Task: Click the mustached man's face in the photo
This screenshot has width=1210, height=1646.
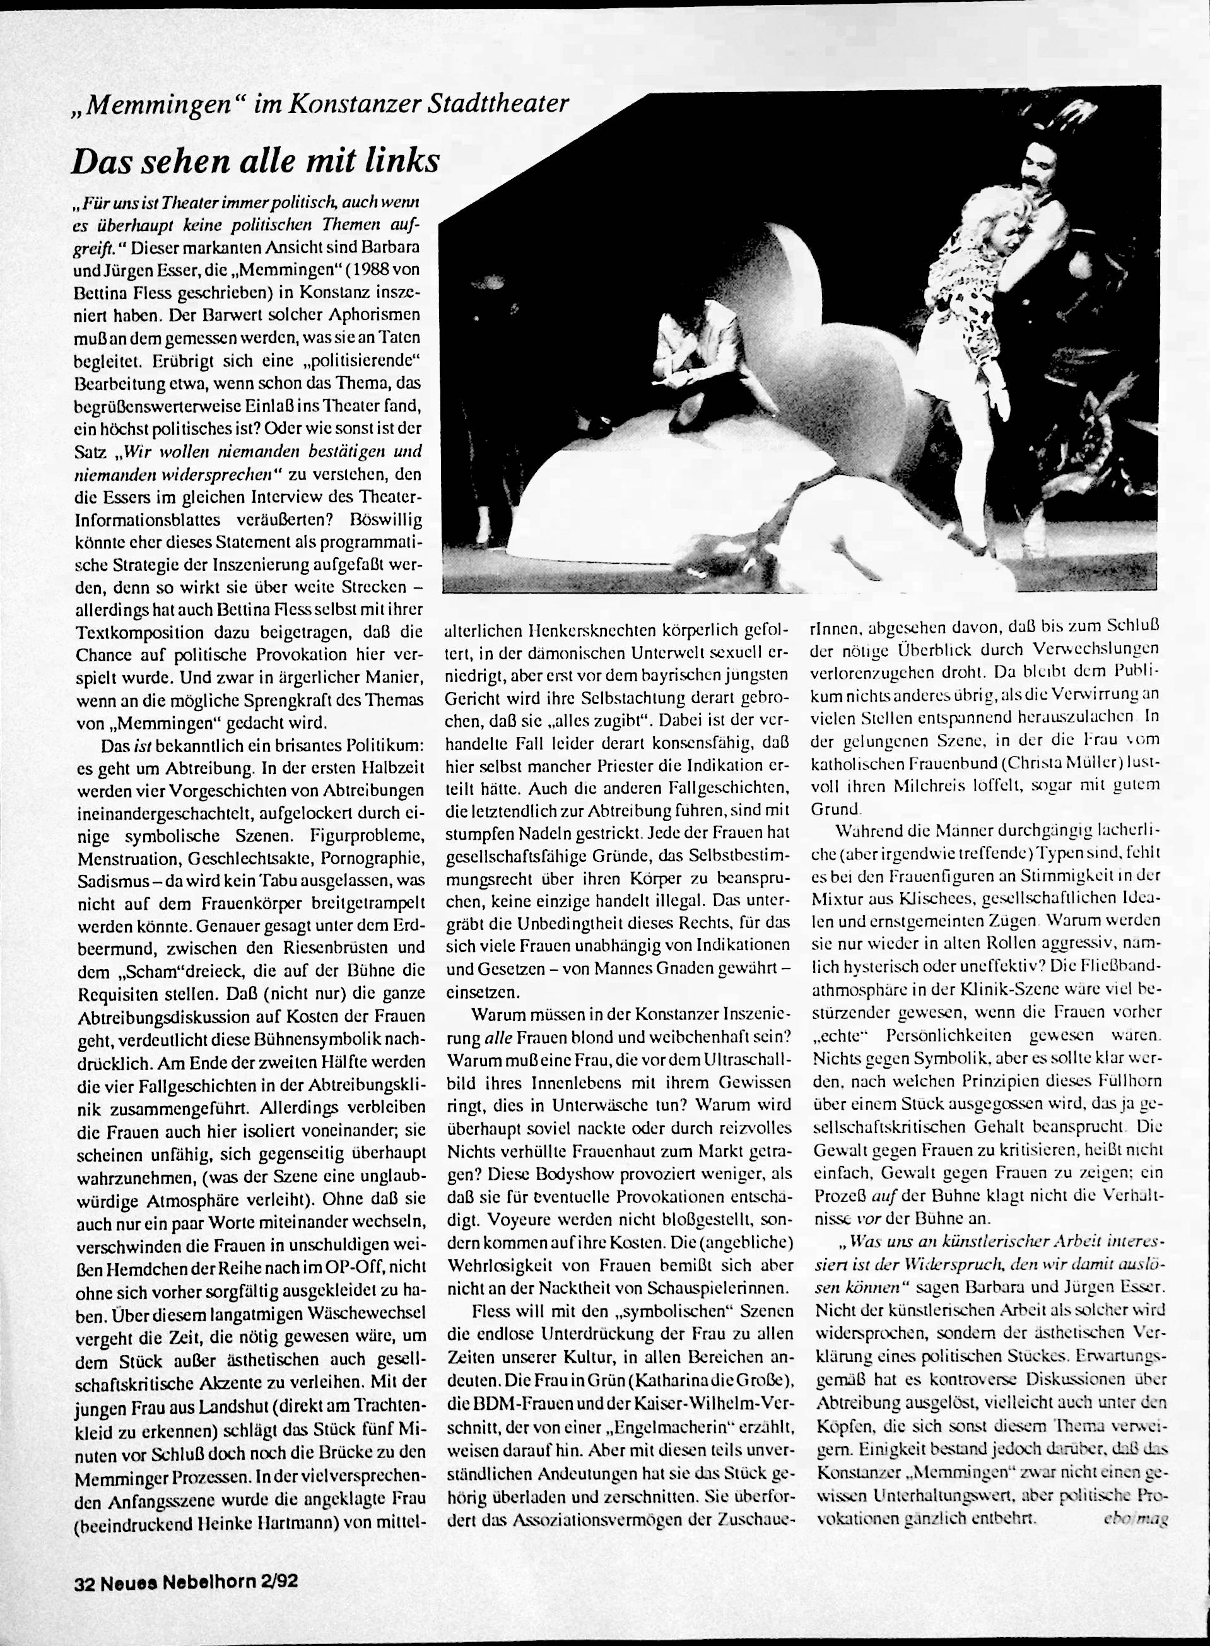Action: point(1039,177)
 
